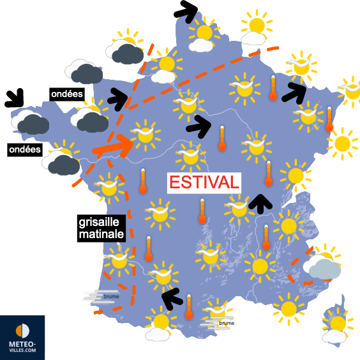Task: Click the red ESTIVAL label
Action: [x=205, y=182]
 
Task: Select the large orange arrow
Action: [x=113, y=147]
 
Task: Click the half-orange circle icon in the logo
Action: [x=22, y=330]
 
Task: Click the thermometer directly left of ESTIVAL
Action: [x=143, y=181]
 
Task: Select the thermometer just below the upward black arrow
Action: [x=266, y=237]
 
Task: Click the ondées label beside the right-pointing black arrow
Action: [x=66, y=94]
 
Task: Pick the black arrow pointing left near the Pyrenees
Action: [x=172, y=297]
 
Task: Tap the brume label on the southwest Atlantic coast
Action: [x=101, y=296]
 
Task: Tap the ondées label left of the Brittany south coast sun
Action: [x=24, y=150]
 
